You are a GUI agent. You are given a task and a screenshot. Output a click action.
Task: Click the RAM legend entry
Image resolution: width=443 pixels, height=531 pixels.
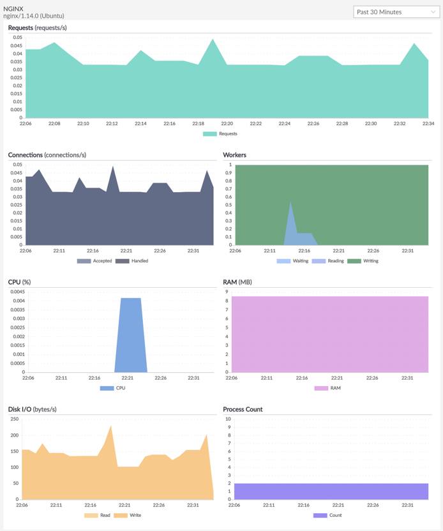(x=335, y=388)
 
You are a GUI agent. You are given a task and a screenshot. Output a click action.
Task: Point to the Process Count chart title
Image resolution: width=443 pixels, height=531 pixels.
(x=243, y=409)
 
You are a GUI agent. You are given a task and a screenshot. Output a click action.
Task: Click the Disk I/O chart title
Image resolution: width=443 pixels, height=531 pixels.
(x=32, y=409)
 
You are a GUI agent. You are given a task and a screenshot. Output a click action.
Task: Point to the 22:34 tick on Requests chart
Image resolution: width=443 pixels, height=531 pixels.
(x=428, y=124)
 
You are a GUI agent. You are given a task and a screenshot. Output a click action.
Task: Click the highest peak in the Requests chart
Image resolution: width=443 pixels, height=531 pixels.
(x=213, y=40)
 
